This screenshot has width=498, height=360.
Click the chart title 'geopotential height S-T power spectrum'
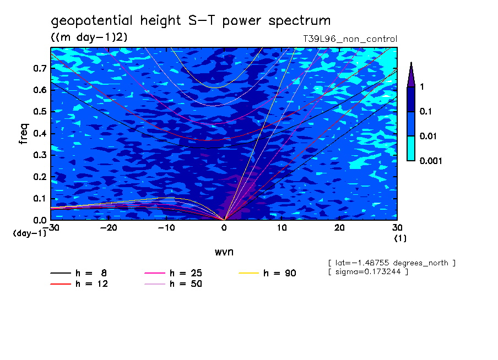click(191, 21)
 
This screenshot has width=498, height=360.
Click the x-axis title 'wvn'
click(224, 252)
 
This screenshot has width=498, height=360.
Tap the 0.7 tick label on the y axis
click(40, 69)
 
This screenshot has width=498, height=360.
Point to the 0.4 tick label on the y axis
click(40, 134)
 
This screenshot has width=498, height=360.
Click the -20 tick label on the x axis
click(109, 228)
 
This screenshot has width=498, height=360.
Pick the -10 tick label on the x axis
click(166, 228)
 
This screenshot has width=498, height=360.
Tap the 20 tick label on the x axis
click(339, 228)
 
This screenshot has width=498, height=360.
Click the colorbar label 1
click(421, 86)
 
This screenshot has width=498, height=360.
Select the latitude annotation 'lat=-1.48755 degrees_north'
click(392, 263)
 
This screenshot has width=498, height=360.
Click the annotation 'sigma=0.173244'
click(368, 272)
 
